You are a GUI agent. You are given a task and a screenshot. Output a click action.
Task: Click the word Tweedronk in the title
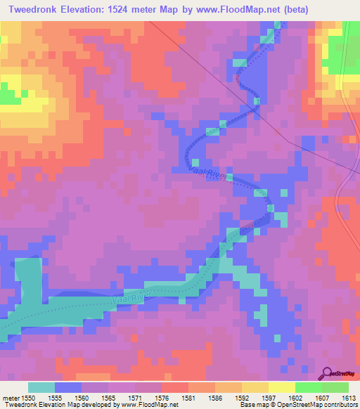tap(35, 10)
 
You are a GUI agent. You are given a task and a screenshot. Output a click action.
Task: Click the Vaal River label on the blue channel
tap(209, 174)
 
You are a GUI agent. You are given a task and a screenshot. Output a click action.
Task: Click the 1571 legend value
tap(134, 397)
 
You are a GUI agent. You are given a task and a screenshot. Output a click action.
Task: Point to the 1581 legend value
tap(188, 397)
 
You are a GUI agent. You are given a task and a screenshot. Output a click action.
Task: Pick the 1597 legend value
tap(268, 397)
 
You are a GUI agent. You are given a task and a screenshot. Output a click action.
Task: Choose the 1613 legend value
tap(348, 397)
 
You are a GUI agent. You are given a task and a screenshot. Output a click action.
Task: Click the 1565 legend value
tap(108, 397)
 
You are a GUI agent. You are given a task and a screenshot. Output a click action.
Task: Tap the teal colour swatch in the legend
tap(41, 387)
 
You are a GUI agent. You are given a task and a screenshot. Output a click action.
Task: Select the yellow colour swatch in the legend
tap(281, 387)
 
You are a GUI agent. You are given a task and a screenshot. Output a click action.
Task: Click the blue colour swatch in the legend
tap(68, 387)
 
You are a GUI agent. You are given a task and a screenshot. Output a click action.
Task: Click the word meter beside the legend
tap(11, 397)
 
